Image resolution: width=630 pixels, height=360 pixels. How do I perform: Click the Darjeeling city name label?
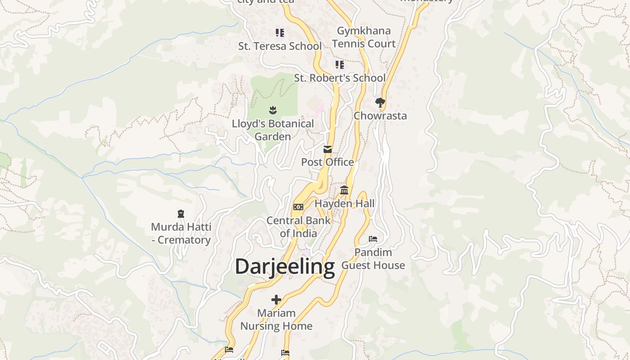click(x=285, y=266)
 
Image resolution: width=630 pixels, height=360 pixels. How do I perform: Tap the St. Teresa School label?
click(x=280, y=46)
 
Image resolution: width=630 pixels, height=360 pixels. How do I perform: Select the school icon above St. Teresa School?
click(x=280, y=33)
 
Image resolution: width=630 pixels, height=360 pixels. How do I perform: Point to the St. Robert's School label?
click(x=340, y=78)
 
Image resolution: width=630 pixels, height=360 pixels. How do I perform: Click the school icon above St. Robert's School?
click(x=340, y=65)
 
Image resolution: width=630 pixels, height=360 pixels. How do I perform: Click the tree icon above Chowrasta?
click(x=380, y=103)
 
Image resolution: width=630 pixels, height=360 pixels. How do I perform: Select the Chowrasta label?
click(x=380, y=116)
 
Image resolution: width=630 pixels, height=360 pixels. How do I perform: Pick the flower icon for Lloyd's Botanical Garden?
click(x=273, y=110)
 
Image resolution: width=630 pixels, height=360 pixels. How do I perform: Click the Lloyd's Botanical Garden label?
click(x=273, y=130)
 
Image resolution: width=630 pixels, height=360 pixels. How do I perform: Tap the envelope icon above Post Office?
click(x=328, y=149)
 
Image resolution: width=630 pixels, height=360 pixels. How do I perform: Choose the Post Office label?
click(x=328, y=162)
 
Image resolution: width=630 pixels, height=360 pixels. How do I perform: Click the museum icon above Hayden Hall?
click(x=344, y=190)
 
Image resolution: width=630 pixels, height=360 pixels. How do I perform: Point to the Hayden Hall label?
click(x=344, y=203)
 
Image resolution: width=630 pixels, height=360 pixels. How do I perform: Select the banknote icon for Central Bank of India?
click(x=298, y=207)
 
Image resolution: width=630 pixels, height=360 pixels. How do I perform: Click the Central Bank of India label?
click(x=298, y=227)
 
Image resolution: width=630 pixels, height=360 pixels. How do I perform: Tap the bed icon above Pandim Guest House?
click(x=373, y=238)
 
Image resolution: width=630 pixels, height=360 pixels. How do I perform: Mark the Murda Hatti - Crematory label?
click(x=181, y=233)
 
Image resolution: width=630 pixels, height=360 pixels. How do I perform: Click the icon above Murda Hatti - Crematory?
click(x=181, y=214)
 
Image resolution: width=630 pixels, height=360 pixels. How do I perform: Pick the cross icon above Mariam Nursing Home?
click(x=276, y=300)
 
